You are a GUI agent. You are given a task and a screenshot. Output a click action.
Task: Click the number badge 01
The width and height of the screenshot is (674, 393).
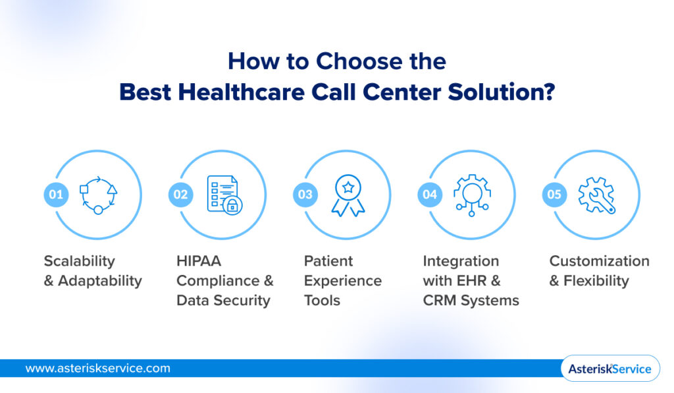56,195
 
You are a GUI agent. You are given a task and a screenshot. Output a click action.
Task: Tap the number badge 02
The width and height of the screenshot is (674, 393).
180,195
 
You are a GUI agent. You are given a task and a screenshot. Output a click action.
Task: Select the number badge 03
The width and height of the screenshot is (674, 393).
305,195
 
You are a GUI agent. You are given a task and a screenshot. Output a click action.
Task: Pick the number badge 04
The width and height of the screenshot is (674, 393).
430,195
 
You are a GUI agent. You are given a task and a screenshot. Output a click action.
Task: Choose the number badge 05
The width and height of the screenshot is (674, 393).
554,195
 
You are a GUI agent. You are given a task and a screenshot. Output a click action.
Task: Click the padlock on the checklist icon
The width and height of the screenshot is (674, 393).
231,206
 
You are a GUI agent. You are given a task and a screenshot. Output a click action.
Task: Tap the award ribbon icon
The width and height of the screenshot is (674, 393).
348,195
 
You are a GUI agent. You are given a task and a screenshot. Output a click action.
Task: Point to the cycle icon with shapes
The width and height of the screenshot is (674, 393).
98,195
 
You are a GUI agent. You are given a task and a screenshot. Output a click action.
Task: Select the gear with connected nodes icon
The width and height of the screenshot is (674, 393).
472,195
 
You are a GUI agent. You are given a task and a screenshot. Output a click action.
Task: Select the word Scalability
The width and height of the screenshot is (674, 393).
79,261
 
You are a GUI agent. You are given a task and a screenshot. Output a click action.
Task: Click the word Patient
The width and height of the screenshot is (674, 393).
328,261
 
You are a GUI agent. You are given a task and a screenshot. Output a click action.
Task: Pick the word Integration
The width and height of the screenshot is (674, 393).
461,261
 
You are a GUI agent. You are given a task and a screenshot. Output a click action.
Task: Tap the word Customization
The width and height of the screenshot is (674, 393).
599,261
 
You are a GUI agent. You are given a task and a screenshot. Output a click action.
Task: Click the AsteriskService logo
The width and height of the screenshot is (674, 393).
609,369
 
